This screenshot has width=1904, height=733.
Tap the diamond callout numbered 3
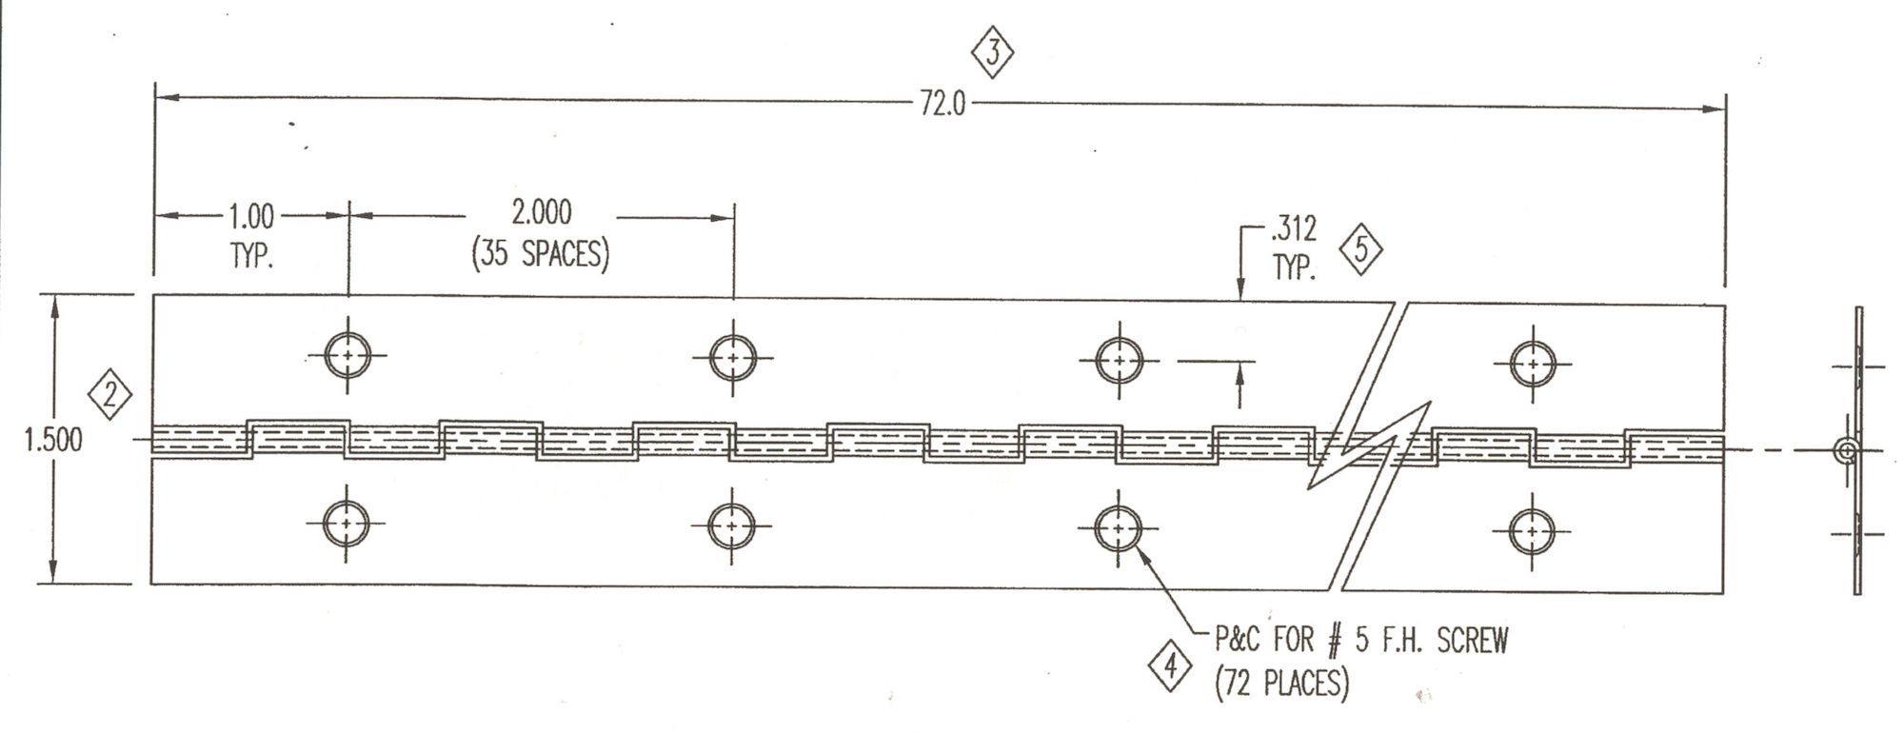tap(993, 53)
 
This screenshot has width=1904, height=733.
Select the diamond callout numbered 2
tap(110, 394)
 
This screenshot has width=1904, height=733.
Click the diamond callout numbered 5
tap(1361, 250)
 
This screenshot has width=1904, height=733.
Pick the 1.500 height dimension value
tap(54, 441)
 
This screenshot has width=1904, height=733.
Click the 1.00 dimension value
tap(251, 217)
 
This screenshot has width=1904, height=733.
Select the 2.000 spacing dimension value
tap(542, 211)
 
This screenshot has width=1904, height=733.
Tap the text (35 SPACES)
tap(541, 254)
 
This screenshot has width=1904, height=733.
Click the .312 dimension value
tap(1294, 229)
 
